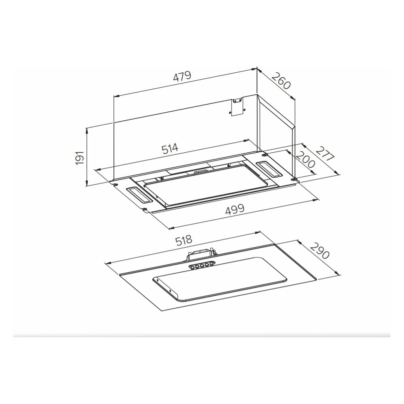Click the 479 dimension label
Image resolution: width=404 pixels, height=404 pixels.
click(182, 76)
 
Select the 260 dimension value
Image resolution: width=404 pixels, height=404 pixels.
click(281, 81)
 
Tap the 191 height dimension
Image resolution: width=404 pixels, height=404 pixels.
click(80, 158)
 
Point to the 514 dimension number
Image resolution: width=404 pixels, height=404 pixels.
click(170, 149)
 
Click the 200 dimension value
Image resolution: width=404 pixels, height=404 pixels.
click(305, 159)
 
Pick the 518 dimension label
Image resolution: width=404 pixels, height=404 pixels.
click(184, 240)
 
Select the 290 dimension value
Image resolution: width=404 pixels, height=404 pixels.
click(320, 251)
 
